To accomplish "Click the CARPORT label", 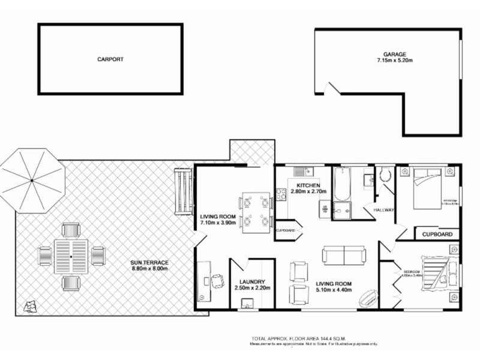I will tap(110, 59).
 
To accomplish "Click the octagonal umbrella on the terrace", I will tap(32, 180).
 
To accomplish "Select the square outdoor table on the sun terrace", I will tap(71, 256).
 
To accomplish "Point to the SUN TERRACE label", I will tap(150, 263).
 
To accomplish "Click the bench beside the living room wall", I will tap(182, 191).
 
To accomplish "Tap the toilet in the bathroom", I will tap(385, 175).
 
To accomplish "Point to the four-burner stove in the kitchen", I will tap(280, 194).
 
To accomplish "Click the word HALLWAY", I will tap(384, 210).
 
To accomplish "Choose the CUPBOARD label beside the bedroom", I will tap(437, 234).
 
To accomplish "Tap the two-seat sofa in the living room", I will tap(344, 255).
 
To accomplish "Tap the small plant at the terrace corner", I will tap(28, 307).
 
